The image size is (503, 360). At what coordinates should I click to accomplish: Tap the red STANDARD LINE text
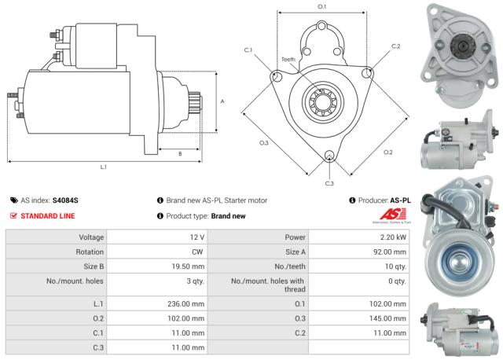pos(48,215)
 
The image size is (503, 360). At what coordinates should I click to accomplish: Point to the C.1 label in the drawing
pos(248,50)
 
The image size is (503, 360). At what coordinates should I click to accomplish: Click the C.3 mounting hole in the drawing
pos(329,156)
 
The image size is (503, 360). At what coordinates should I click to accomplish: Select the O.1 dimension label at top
pos(321,7)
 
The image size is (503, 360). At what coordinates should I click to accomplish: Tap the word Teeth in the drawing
pos(288,60)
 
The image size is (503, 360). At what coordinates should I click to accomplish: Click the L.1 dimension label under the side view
pos(104,167)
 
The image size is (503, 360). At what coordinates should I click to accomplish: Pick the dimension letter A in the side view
pos(222,102)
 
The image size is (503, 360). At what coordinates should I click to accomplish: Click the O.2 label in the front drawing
pos(388,152)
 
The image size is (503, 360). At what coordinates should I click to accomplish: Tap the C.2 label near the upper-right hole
pos(395,46)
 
